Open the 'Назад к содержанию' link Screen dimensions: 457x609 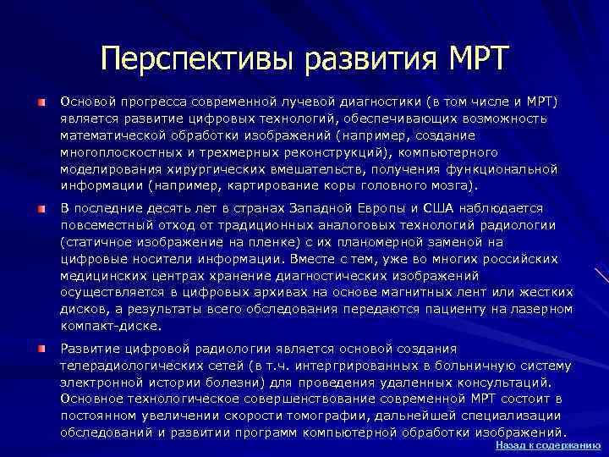(548, 444)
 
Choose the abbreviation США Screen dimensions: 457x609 (440, 208)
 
